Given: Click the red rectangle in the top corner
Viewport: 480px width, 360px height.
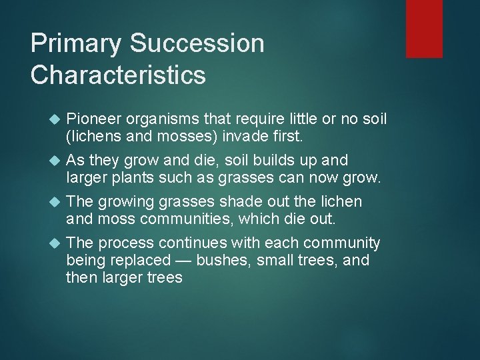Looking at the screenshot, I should pos(425,29).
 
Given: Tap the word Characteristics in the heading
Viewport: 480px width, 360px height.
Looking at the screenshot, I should pos(118,75).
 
